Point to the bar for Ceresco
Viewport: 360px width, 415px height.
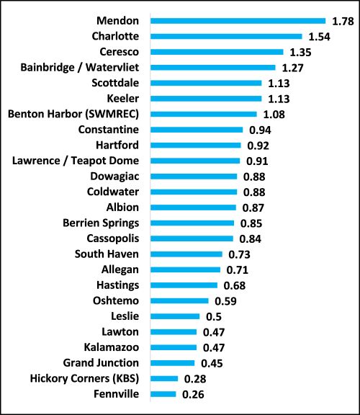point(217,52)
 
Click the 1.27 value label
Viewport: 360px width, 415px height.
point(292,68)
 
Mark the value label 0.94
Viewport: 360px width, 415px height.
point(260,130)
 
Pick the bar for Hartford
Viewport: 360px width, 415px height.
point(195,146)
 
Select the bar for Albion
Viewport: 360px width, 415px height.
point(193,207)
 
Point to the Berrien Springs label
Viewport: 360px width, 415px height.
point(101,223)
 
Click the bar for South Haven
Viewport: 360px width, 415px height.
point(186,254)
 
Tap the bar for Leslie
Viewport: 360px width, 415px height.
point(175,316)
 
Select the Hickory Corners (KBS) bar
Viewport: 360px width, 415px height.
point(164,379)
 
